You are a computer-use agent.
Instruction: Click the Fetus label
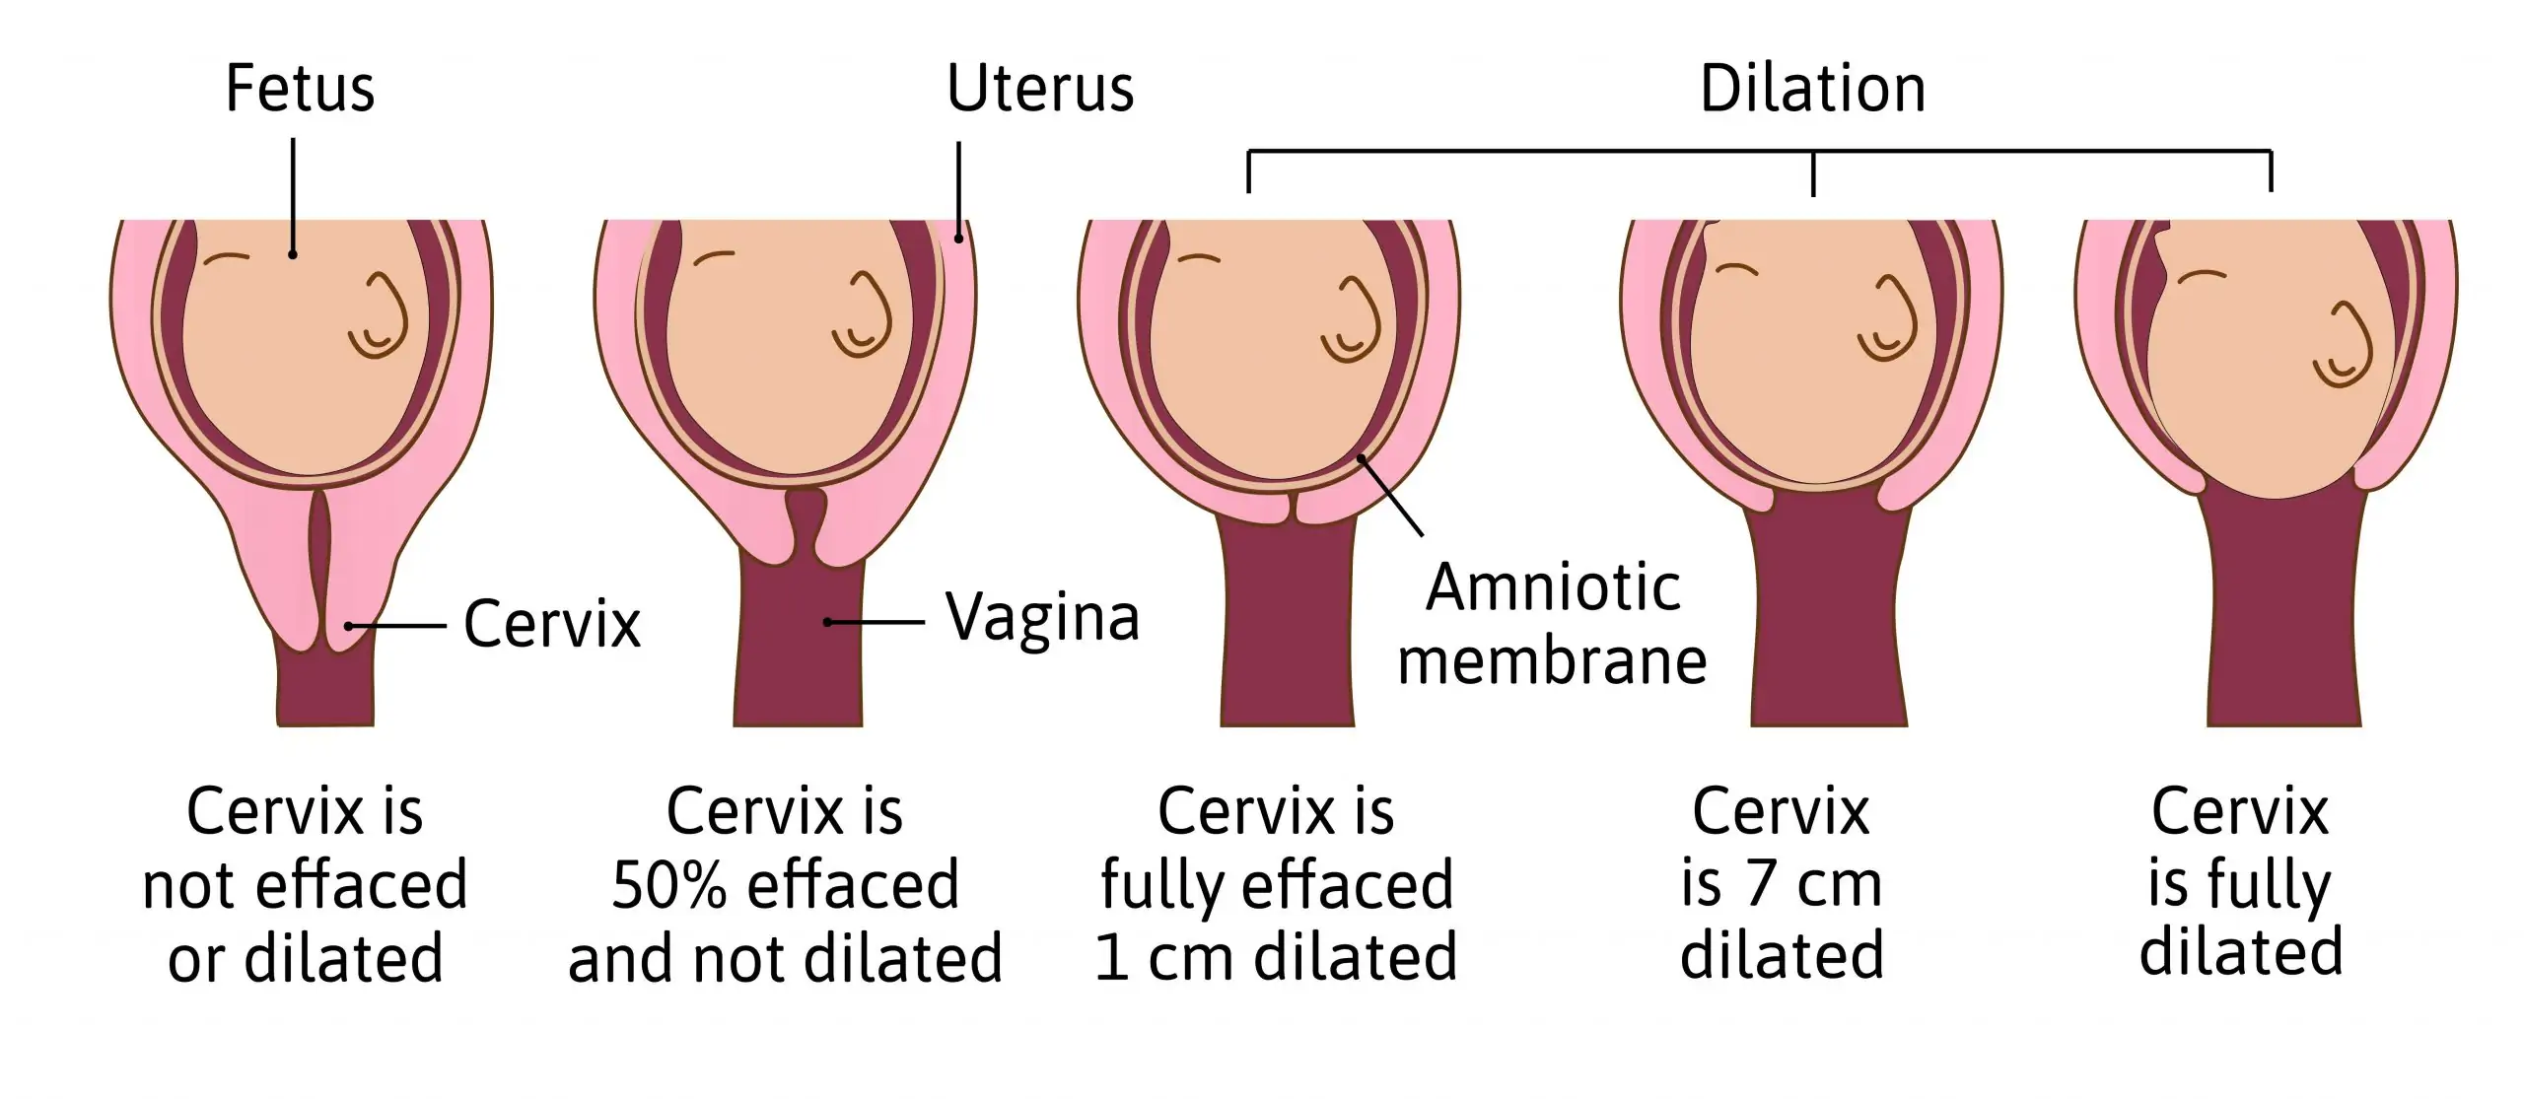coord(300,89)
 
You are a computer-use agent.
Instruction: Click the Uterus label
coord(1040,89)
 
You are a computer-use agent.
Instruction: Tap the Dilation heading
coord(1812,89)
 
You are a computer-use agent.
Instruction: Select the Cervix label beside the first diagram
coord(552,623)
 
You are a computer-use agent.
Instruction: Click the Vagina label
coord(1042,618)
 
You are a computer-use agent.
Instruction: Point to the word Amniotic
coord(1553,587)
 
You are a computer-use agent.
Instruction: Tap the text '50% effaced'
coord(785,884)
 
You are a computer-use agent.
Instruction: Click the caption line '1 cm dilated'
coord(1276,956)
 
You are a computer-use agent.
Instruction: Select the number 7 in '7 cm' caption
coord(1759,884)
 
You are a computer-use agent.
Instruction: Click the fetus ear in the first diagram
coord(379,315)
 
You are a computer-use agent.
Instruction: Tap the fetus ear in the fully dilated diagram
coord(2343,345)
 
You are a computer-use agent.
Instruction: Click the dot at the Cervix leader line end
coord(348,626)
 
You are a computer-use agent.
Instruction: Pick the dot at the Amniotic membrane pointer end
coord(1361,458)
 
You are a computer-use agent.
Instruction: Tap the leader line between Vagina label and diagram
coord(876,623)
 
